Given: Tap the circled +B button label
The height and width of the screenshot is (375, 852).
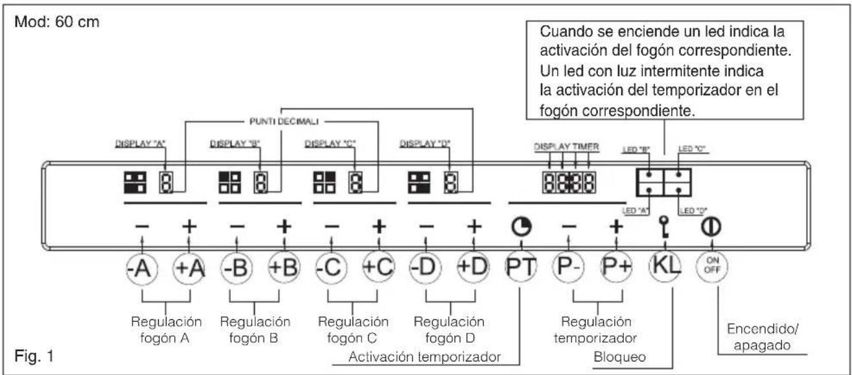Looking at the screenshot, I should (282, 266).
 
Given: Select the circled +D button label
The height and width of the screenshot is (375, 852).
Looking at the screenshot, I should (472, 266).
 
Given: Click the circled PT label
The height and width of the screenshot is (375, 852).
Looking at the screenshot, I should (520, 266).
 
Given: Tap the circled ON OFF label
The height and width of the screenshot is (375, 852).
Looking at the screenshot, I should (711, 266).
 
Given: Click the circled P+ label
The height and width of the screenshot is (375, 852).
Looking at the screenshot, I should (615, 266).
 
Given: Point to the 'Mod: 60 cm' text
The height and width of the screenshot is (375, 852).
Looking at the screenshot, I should (54, 20).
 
